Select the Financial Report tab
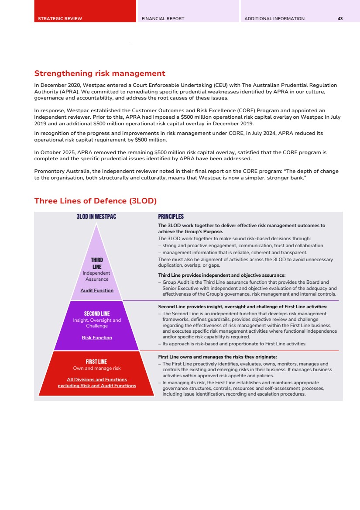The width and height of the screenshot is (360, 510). [x=163, y=19]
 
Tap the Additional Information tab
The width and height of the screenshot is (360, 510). [x=274, y=19]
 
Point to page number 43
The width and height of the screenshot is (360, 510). [x=340, y=19]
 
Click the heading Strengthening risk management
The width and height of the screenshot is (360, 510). [x=99, y=73]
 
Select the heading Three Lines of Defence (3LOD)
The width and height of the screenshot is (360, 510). [x=95, y=201]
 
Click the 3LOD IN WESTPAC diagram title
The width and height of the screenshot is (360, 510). [x=96, y=217]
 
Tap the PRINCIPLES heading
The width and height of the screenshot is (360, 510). [x=171, y=217]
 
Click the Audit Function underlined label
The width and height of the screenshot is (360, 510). [x=97, y=290]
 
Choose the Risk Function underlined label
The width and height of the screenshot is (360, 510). [x=97, y=338]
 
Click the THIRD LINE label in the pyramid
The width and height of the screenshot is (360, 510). [x=97, y=263]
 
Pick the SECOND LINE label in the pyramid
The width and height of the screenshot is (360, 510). [x=97, y=314]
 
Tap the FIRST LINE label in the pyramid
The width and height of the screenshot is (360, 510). [x=96, y=362]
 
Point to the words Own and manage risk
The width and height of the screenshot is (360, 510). [x=97, y=369]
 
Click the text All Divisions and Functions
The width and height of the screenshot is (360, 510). [x=97, y=379]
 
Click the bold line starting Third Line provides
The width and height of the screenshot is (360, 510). [x=222, y=275]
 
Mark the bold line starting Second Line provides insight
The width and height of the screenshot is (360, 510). [x=243, y=307]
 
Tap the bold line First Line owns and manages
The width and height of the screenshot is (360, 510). [x=217, y=357]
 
